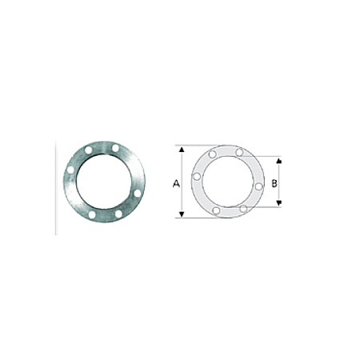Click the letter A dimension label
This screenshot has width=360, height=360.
point(175,183)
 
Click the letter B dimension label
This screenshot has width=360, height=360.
point(274,183)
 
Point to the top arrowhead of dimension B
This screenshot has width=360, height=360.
point(279,159)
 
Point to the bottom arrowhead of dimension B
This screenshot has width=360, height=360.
point(279,205)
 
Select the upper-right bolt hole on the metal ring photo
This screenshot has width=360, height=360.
point(117,148)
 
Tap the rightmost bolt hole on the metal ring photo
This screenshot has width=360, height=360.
point(138,193)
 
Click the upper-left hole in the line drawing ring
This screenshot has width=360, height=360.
point(212,154)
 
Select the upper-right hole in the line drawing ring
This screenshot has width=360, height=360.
point(239,152)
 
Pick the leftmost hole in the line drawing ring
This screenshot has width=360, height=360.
point(197,175)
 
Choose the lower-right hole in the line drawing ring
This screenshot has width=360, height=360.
point(243,209)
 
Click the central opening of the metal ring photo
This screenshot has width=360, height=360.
point(104,182)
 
